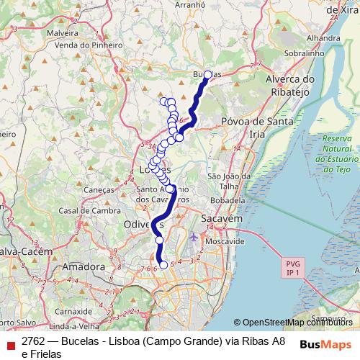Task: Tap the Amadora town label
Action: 84,266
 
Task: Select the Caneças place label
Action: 100,189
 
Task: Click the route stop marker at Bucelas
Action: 208,75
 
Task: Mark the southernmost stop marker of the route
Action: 163,265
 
